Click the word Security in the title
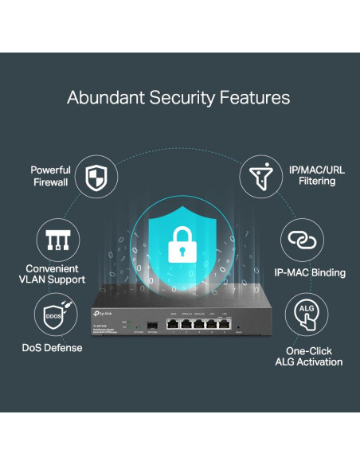coord(181,99)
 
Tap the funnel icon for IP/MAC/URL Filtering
coord(260,175)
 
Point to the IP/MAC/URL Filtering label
coord(311,175)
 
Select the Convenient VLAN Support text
coord(56,274)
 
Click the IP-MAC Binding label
coord(310,272)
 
